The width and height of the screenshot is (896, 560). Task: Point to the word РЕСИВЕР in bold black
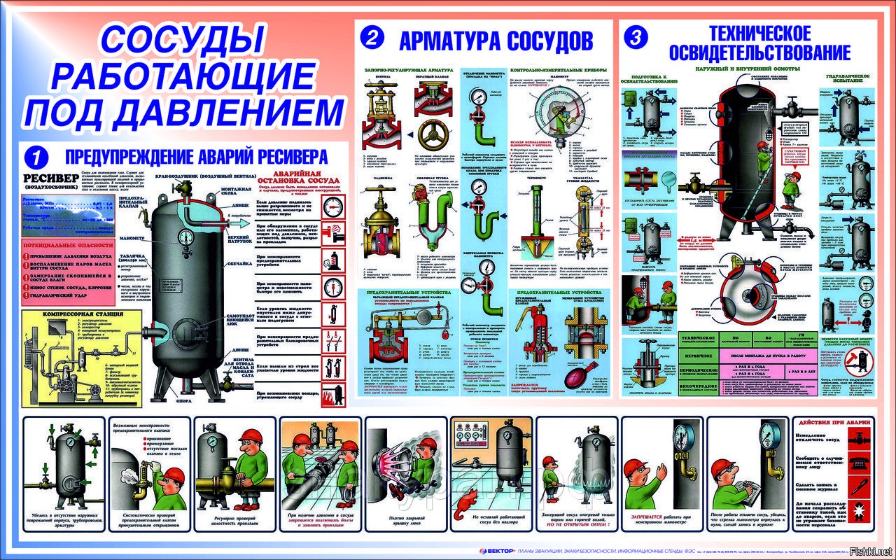click(48, 177)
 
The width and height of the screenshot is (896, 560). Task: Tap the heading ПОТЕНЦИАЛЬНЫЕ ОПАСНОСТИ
click(68, 246)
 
